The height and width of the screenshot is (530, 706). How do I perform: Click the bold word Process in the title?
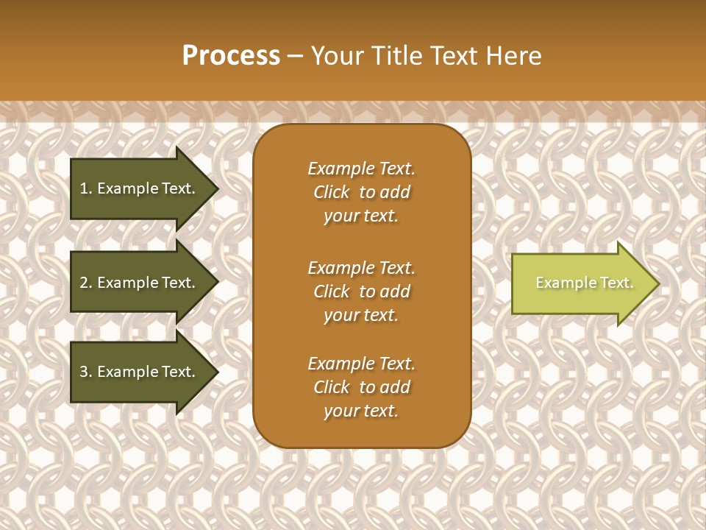231,56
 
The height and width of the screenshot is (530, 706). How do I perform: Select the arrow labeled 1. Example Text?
140,188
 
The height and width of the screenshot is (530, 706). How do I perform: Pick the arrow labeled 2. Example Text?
140,283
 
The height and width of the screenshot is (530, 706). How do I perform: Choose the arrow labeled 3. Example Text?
140,372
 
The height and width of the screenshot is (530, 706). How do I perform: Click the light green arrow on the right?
581,283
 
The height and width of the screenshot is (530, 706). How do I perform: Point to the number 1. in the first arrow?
86,188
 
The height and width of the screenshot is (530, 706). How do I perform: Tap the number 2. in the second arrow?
86,283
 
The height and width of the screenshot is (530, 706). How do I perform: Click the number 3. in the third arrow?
86,372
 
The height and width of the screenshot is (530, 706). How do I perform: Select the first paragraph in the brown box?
361,192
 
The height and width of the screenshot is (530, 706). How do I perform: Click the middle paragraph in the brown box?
361,291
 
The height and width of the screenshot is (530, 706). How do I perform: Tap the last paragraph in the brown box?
361,387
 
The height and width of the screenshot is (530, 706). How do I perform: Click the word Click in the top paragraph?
332,192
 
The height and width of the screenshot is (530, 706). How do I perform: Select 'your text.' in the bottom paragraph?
361,411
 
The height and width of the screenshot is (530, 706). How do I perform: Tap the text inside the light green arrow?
584,283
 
